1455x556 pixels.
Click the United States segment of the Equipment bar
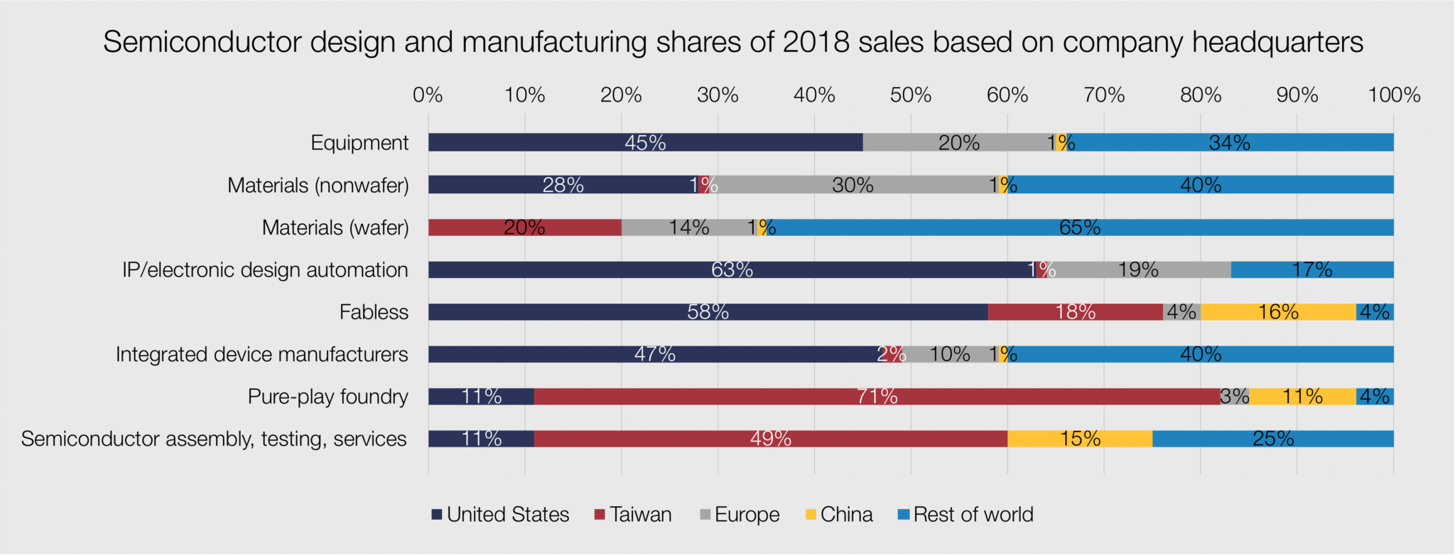point(645,142)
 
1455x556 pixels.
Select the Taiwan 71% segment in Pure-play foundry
point(877,396)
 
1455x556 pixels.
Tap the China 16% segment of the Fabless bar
point(1278,312)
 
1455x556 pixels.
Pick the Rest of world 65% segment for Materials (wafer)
point(1080,228)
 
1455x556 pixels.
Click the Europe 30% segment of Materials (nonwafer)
point(853,185)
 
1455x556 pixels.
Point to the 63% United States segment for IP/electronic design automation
point(732,269)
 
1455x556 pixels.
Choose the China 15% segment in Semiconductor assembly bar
point(1080,439)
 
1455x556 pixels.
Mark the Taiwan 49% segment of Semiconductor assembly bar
point(771,439)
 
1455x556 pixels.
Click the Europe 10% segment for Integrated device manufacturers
point(950,354)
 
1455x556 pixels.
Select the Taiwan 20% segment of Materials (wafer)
point(524,228)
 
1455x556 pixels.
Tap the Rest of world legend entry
point(966,515)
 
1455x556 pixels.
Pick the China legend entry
point(839,515)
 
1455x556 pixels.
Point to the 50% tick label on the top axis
point(911,95)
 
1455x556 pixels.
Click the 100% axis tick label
point(1394,95)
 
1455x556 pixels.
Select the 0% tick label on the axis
point(428,95)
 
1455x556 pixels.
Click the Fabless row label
point(374,312)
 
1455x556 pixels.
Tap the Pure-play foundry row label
point(328,396)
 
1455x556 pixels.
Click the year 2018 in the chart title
point(816,42)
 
